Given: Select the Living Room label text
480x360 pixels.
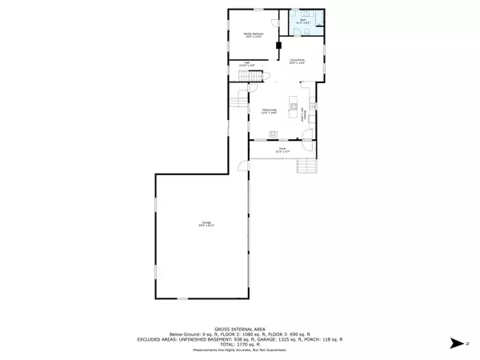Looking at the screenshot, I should (297, 61).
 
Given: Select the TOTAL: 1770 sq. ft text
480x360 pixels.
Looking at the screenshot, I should (240, 344).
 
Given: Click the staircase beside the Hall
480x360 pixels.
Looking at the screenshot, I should (254, 74).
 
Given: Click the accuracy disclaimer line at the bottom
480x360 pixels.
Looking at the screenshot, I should (240, 350).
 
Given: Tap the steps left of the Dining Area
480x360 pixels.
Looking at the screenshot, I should (240, 100).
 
